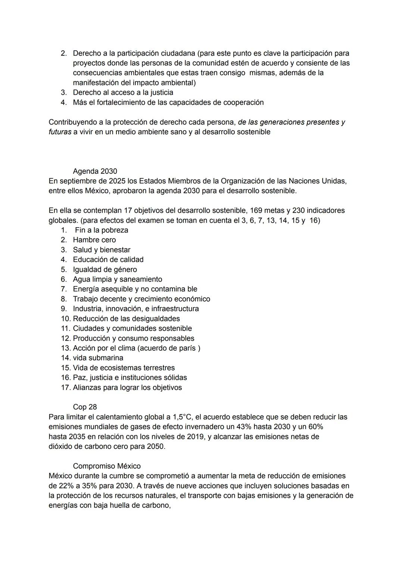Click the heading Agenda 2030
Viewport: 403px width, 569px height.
click(95, 171)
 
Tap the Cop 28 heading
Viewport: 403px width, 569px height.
click(85, 407)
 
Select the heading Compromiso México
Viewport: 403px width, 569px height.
click(107, 466)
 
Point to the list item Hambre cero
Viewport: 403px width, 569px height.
click(94, 240)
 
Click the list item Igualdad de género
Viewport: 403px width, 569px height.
click(105, 269)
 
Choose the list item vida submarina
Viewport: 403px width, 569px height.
click(98, 358)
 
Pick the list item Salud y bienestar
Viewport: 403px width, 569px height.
click(101, 250)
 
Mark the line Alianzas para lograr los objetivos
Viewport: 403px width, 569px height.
click(127, 387)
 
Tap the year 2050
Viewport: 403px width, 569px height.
click(155, 446)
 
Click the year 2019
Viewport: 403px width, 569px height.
click(195, 437)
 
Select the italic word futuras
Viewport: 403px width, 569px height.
click(60, 132)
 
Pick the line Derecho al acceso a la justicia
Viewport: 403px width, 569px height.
click(123, 92)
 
